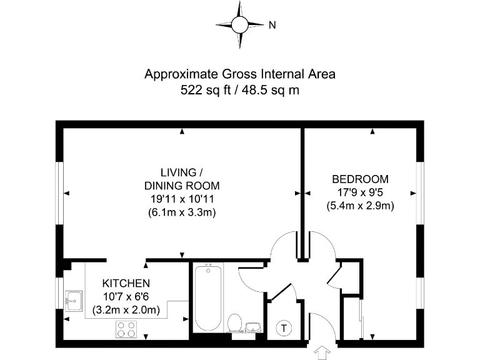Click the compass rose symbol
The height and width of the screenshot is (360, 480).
coord(240,25)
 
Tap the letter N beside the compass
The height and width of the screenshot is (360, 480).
coord(272,26)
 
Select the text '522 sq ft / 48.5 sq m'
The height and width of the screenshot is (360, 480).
coord(240,90)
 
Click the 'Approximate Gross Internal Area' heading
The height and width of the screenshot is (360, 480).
coord(240,74)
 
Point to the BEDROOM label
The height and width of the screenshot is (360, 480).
coord(360,178)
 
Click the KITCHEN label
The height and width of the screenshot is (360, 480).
coord(126,283)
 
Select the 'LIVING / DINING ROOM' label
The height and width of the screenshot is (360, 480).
coord(182,179)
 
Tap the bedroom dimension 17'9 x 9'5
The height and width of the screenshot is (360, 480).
coord(360,191)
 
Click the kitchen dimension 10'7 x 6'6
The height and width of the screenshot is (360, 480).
coord(126,296)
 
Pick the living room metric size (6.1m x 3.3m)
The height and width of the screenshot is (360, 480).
coord(182,212)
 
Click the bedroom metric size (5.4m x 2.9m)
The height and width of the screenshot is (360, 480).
coord(360,205)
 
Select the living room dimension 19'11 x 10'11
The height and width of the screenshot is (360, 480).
coord(182,199)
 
